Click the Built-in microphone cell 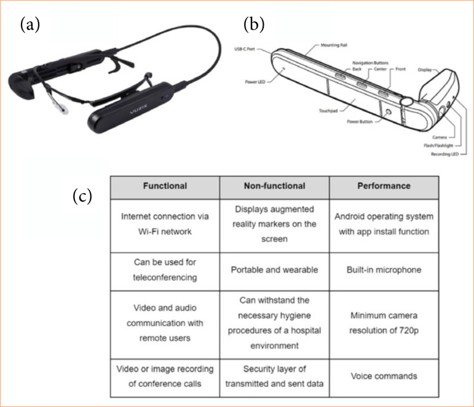coord(384,269)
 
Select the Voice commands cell coord(384,376)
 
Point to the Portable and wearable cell coord(275,269)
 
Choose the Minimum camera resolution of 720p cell coord(384,323)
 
